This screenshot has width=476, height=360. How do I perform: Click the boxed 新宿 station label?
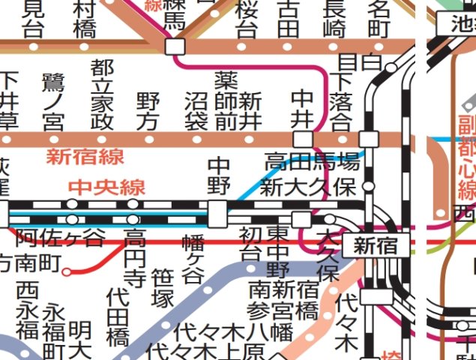tap(376, 245)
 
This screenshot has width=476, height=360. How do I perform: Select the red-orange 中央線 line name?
tap(107, 187)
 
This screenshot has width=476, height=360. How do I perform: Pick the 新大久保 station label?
tap(307, 187)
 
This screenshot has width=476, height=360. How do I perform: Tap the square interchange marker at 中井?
tap(302, 139)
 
